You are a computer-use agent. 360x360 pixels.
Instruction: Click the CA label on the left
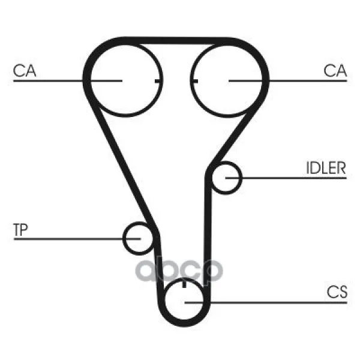pos(25,70)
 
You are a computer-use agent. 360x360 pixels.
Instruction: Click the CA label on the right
pos(335,70)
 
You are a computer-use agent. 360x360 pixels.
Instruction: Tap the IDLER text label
pos(326,168)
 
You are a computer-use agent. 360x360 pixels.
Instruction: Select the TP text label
pos(20,230)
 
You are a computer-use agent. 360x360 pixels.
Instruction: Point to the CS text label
pos(337,292)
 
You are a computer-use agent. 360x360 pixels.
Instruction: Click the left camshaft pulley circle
pos(125,80)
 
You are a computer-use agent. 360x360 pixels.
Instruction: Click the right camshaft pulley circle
pos(227,80)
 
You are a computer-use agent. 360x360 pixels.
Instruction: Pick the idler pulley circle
pos(226,178)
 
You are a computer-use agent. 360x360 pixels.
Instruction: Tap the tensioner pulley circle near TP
pos(139,239)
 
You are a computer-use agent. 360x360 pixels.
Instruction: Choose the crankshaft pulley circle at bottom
pos(184,302)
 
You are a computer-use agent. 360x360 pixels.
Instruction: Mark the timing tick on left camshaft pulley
pos(157,81)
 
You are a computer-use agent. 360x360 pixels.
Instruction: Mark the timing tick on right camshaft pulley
pos(196,81)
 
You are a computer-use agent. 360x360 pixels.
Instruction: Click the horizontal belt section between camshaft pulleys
pos(176,40)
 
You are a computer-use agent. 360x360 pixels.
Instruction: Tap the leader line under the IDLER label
pos(286,178)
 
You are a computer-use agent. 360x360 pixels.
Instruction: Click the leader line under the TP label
pos(77,239)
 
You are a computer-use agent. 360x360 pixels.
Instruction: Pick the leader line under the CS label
pos(266,302)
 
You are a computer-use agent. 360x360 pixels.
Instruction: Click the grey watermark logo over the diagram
pos(179,271)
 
